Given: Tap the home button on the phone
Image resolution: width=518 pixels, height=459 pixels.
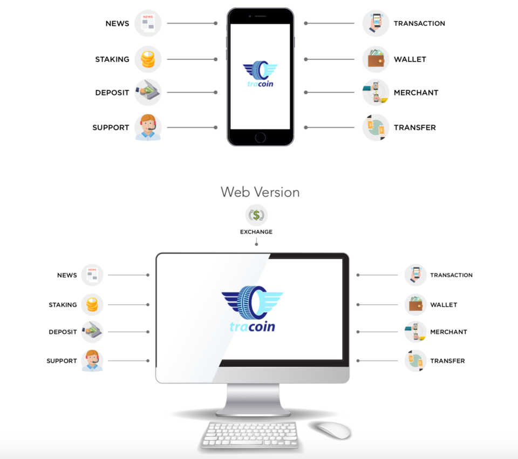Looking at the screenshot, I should click(x=260, y=138).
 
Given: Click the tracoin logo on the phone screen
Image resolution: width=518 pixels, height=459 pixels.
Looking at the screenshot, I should click(x=260, y=74).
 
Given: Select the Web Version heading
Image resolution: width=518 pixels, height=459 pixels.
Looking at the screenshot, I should click(x=260, y=192).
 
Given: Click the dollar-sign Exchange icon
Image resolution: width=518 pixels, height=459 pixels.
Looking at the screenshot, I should click(x=256, y=215).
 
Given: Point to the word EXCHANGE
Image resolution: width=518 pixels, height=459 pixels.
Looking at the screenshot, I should click(x=256, y=232).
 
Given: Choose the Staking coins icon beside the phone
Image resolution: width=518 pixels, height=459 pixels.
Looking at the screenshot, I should click(x=148, y=59).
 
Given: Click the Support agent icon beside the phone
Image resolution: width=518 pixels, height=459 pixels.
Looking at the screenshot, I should click(x=148, y=127).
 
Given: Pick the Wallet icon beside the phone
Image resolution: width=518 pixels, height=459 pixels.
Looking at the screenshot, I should click(x=376, y=59).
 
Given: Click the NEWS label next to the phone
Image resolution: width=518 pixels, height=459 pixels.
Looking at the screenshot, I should click(x=117, y=24).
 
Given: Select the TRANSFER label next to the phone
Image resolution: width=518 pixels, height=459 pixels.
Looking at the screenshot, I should click(x=414, y=128).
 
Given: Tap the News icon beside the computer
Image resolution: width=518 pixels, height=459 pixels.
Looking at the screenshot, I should click(x=92, y=275).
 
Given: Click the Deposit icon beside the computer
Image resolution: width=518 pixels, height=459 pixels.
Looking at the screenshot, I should click(x=92, y=332).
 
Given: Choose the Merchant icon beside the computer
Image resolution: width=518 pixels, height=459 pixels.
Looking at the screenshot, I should click(x=415, y=332).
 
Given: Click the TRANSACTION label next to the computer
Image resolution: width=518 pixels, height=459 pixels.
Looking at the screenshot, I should click(x=451, y=275).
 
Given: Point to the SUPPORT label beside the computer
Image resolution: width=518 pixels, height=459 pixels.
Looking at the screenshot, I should click(x=62, y=361).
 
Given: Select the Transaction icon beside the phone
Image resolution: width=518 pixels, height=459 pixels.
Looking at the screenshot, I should click(x=376, y=24).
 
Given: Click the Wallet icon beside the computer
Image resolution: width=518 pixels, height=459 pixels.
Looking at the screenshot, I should click(x=415, y=305).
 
